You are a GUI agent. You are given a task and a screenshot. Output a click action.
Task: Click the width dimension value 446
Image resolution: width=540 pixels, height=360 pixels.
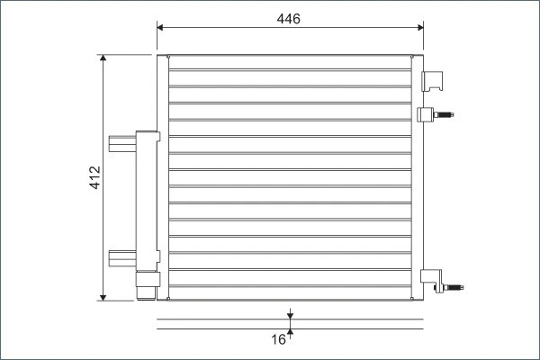(289, 19)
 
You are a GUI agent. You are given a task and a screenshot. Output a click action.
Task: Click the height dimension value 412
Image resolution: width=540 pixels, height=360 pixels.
(94, 178)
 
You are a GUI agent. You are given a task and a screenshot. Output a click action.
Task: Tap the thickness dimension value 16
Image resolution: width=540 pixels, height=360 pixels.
(278, 339)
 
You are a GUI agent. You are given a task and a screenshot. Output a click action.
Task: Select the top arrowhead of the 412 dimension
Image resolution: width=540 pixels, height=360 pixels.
(104, 59)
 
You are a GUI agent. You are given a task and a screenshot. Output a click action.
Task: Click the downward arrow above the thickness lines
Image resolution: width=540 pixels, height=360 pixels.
(290, 315)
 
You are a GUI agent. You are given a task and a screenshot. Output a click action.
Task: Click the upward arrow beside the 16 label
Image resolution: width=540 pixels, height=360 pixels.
(290, 331)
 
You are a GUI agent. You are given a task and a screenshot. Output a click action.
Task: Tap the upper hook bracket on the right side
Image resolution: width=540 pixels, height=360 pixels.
(436, 81)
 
